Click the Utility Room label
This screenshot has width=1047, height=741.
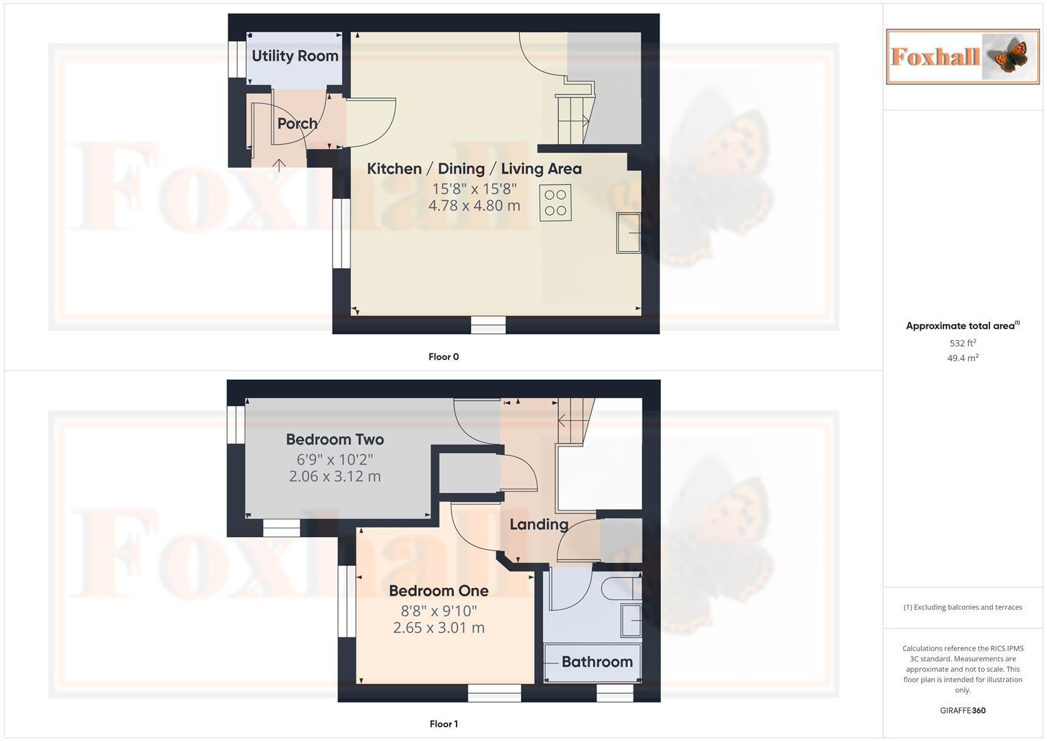pyautogui.click(x=295, y=56)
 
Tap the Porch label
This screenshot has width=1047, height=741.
pyautogui.click(x=298, y=123)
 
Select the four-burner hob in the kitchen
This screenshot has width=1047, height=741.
pyautogui.click(x=555, y=202)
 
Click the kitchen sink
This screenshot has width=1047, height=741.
pyautogui.click(x=629, y=233)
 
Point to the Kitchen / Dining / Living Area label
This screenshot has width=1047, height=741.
pyautogui.click(x=474, y=169)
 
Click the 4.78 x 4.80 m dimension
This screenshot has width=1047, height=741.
pyautogui.click(x=474, y=206)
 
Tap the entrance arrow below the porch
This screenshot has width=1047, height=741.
pyautogui.click(x=280, y=165)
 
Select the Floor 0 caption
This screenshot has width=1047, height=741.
pyautogui.click(x=444, y=357)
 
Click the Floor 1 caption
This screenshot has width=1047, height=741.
pyautogui.click(x=444, y=724)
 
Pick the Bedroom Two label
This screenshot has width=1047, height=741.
pyautogui.click(x=335, y=439)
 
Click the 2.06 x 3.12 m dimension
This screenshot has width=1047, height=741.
pyautogui.click(x=335, y=476)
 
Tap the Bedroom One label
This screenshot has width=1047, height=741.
pyautogui.click(x=439, y=591)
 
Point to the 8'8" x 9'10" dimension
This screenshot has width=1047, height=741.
pyautogui.click(x=439, y=610)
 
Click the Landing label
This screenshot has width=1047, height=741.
pyautogui.click(x=539, y=524)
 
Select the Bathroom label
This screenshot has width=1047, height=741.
pyautogui.click(x=597, y=662)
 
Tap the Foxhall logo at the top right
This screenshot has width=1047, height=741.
pyautogui.click(x=963, y=56)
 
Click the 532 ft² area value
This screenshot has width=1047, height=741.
pyautogui.click(x=963, y=343)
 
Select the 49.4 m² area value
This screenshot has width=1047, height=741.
pyautogui.click(x=963, y=358)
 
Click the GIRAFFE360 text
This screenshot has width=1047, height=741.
pyautogui.click(x=963, y=711)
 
